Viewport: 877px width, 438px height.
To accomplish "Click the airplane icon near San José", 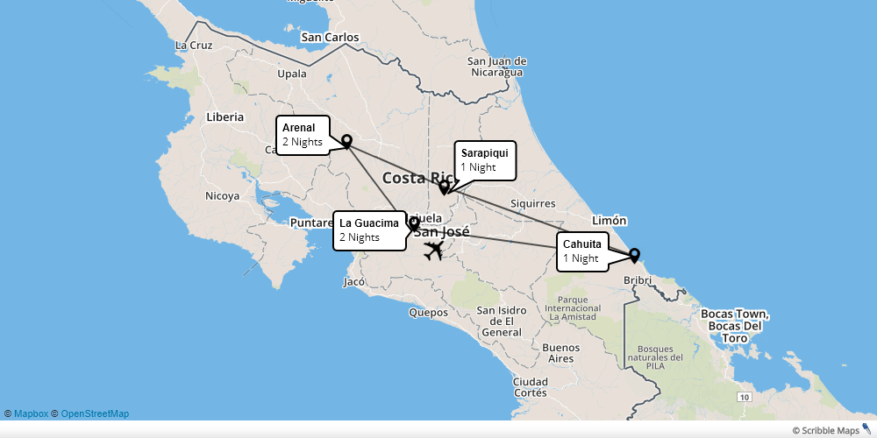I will pos(433,251).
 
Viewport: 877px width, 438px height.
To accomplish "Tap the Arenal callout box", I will pos(303,135).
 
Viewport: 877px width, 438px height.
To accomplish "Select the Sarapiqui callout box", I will pos(484,160).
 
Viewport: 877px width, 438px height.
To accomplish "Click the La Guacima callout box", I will pos(369,230).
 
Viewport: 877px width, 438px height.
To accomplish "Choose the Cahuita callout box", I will pos(582,251).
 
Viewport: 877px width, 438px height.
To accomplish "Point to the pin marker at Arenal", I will pos(346,140).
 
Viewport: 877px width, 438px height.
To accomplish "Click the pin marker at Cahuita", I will pos(634,255).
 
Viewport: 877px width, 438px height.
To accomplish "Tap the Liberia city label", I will pos(225,117).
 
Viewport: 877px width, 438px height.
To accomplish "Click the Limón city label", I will pos(610,220).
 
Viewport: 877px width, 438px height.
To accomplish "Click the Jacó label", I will pos(354,282).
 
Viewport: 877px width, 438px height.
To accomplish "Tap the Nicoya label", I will pos(222,196).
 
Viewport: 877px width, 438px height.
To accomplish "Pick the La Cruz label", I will pos(194,45).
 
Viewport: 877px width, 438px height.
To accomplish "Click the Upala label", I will pos(292,74).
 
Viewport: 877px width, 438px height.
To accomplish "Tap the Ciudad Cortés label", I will pos(531,386).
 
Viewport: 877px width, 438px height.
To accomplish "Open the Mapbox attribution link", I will pos(31,413).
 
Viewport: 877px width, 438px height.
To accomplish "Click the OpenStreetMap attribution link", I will pos(95,413).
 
